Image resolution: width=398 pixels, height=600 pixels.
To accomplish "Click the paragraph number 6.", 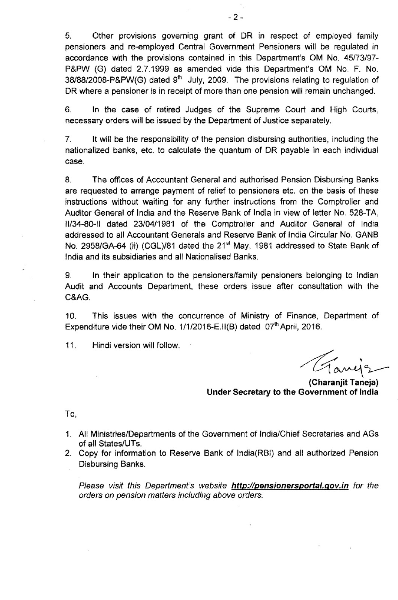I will tap(68, 109).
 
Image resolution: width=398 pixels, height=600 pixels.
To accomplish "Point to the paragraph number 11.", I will tap(70, 346).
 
